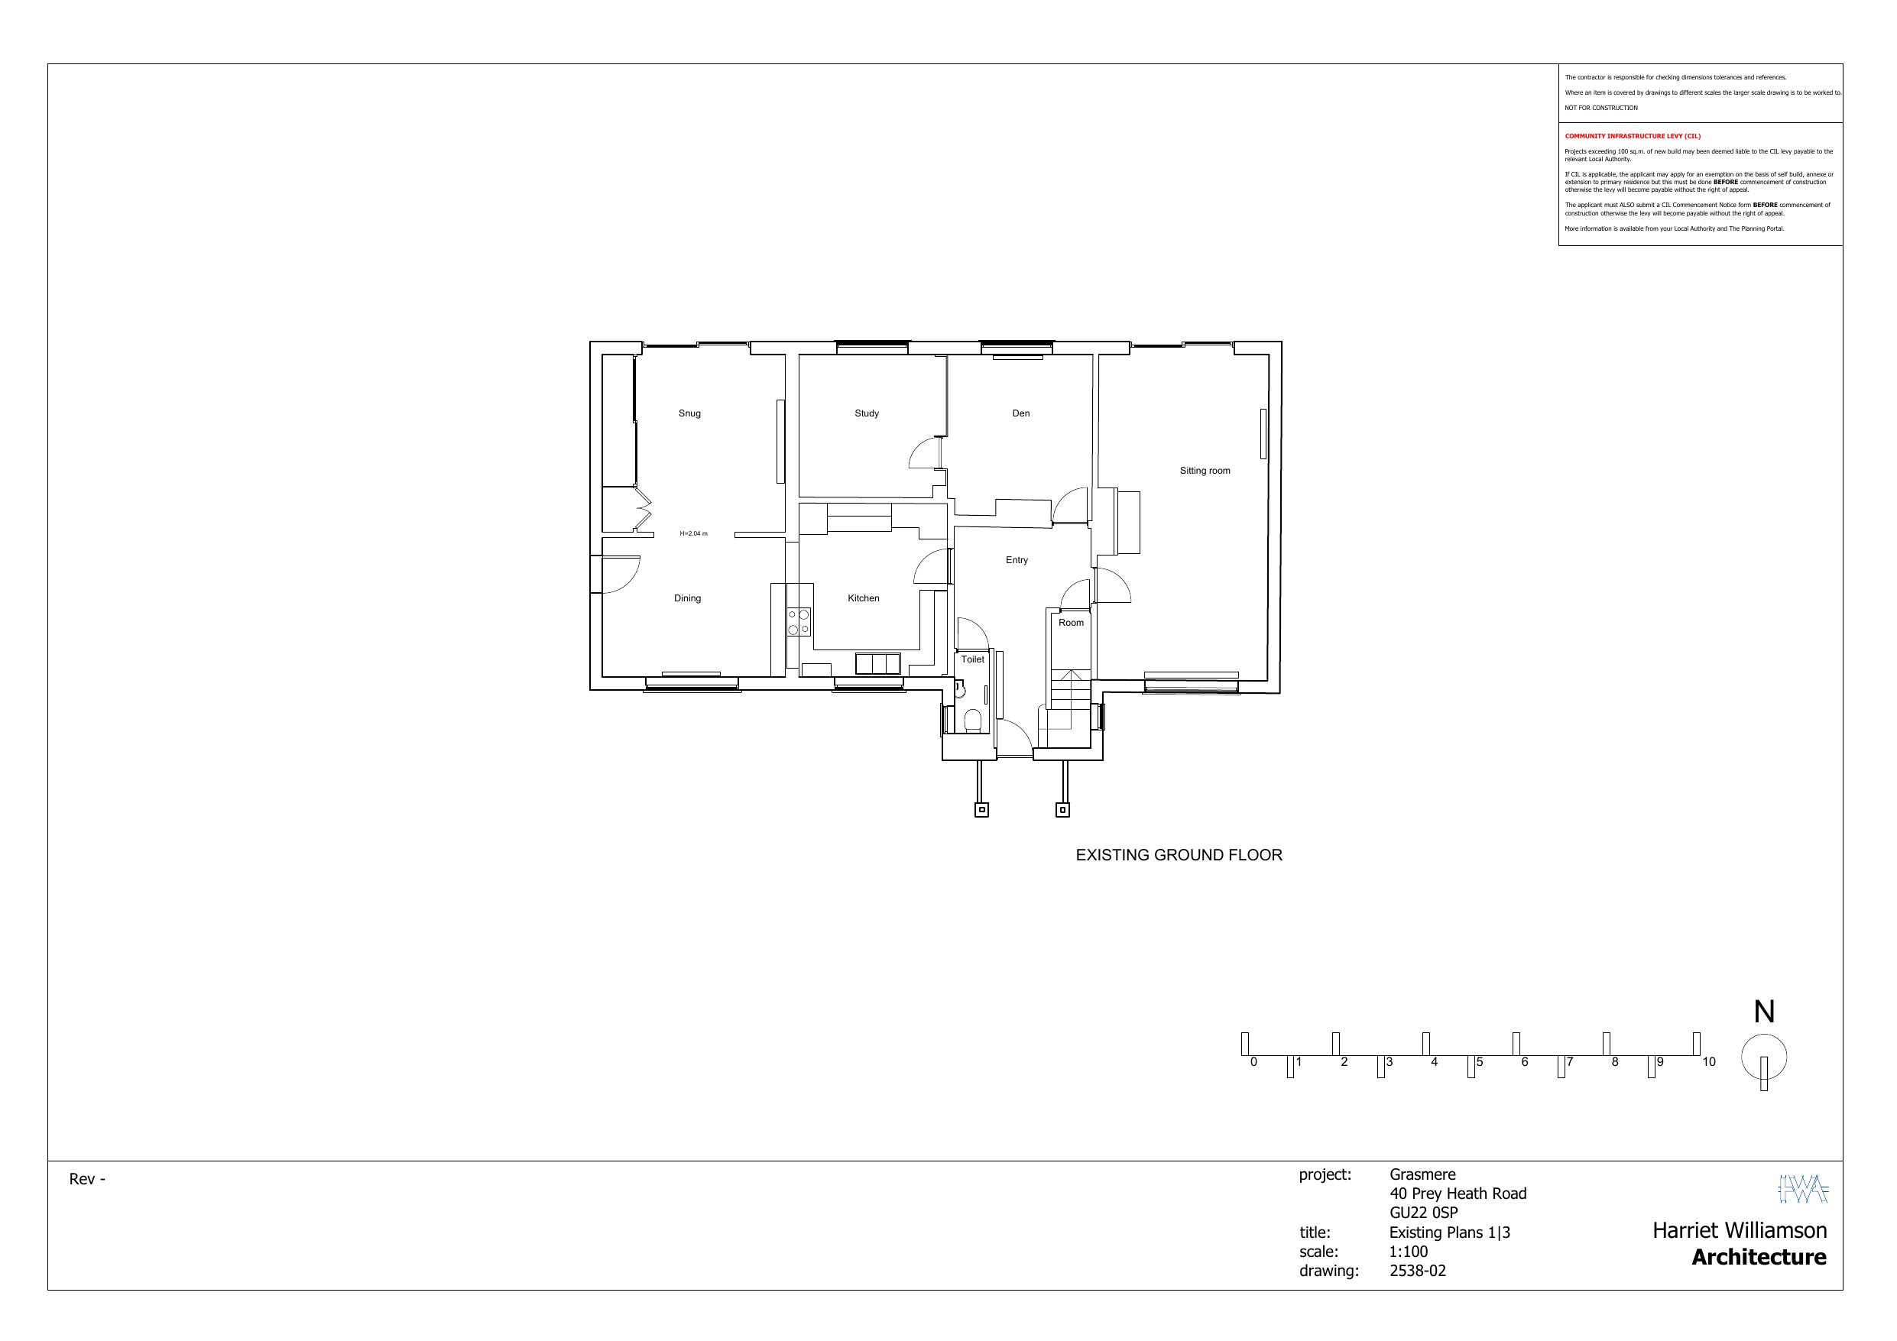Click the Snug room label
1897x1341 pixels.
click(689, 414)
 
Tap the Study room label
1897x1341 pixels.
click(867, 414)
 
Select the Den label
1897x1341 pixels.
click(1021, 414)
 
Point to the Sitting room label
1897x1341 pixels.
click(1205, 471)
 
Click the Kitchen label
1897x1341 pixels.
click(864, 598)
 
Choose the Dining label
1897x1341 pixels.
click(687, 598)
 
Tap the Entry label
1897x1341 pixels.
click(1017, 560)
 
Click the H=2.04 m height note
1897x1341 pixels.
click(693, 534)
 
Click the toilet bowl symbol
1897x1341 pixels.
click(972, 721)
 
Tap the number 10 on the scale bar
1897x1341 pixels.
click(1709, 1063)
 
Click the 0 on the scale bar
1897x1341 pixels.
click(1253, 1063)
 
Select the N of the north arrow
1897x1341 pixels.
click(1764, 1012)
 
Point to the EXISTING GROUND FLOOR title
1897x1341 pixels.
click(1179, 856)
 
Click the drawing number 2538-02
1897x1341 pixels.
click(1418, 1271)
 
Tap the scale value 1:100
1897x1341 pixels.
click(1409, 1251)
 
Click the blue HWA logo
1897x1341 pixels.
click(1804, 1189)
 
